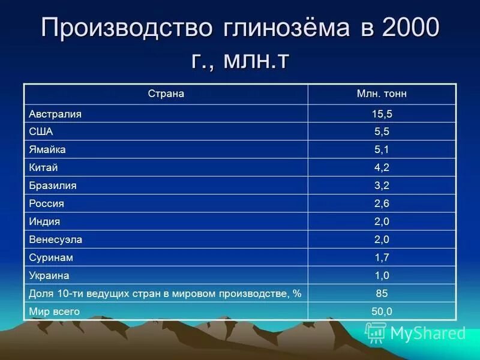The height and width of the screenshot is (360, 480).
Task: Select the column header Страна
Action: [x=166, y=94]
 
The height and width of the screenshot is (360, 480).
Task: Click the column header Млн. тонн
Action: [x=382, y=94]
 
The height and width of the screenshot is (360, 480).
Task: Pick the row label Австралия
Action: [x=55, y=113]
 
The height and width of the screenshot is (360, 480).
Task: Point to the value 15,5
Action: [x=382, y=114]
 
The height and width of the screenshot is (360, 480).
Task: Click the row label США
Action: [x=41, y=131]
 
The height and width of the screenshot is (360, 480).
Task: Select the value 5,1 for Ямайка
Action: [x=382, y=149]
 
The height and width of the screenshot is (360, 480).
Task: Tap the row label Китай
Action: [x=43, y=167]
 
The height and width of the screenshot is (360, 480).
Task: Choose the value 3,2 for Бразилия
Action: [x=382, y=185]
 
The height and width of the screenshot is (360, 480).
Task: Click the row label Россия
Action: [x=47, y=203]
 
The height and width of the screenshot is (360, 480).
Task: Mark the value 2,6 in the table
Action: [x=382, y=203]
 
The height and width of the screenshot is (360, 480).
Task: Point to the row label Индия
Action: [x=44, y=221]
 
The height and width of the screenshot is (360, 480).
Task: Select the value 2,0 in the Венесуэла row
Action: [x=382, y=239]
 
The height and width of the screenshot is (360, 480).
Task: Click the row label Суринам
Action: [x=51, y=257]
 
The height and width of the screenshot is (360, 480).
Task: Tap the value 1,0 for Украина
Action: [x=382, y=275]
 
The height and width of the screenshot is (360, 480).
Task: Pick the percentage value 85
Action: [x=382, y=293]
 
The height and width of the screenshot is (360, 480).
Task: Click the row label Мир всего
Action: [x=55, y=311]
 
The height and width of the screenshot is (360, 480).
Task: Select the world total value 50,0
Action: [x=382, y=311]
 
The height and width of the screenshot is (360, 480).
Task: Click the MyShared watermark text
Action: [x=427, y=332]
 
